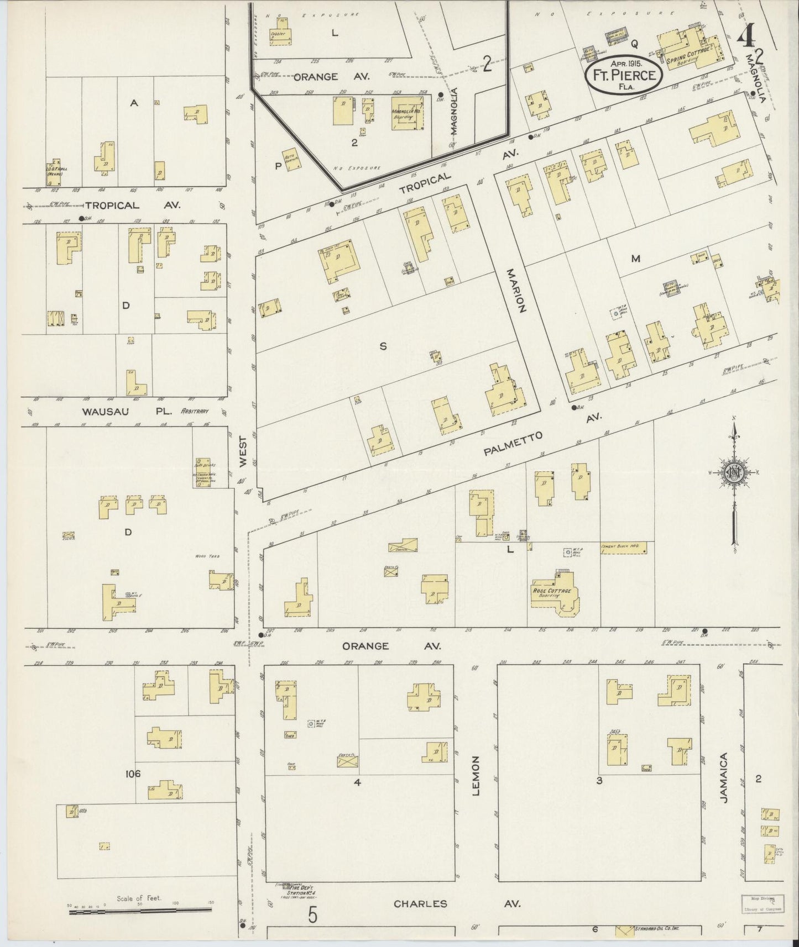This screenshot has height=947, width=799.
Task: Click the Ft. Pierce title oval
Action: [623, 75]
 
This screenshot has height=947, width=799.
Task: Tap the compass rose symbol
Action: [734, 473]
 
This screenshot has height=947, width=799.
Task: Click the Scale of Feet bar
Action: [141, 909]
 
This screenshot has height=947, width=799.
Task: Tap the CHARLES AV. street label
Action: [457, 904]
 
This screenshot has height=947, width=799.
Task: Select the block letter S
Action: [382, 346]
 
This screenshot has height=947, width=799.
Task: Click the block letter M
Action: [635, 258]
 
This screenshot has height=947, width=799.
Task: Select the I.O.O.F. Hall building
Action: [54, 172]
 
